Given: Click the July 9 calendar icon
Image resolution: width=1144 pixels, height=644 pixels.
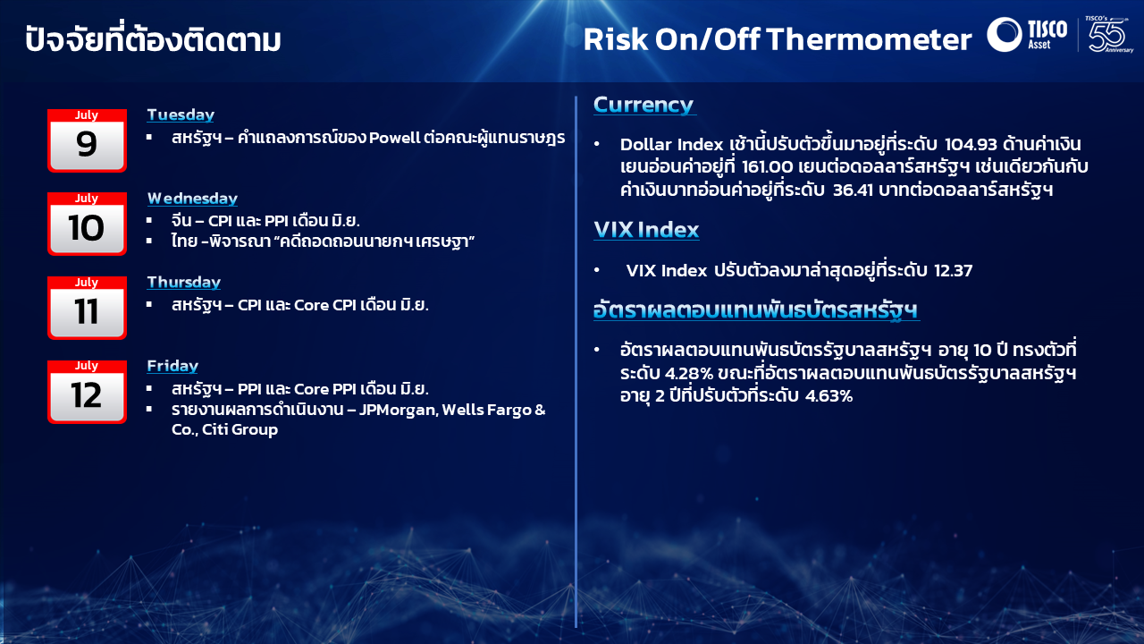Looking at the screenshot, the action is (x=87, y=140).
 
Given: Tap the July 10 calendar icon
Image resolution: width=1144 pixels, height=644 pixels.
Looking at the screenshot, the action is (x=87, y=224).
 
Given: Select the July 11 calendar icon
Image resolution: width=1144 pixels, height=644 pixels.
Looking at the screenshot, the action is (x=87, y=308).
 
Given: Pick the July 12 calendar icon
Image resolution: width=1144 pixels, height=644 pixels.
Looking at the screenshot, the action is (x=87, y=392).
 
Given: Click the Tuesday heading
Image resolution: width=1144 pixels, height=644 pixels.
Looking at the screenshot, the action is (x=181, y=114).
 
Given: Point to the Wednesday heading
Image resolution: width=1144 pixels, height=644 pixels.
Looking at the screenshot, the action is (x=192, y=199).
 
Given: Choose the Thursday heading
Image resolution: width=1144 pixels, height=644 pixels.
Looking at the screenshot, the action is (x=184, y=282).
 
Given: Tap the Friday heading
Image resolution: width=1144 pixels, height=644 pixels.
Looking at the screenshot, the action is (x=172, y=366).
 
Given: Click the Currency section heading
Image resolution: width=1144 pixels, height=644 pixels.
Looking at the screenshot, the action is (x=643, y=105).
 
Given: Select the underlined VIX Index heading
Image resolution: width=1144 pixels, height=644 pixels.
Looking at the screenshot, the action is (x=646, y=230).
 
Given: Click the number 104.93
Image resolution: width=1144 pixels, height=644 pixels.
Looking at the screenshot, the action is (x=971, y=145).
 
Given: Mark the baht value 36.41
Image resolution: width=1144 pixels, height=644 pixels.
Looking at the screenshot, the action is (x=853, y=191).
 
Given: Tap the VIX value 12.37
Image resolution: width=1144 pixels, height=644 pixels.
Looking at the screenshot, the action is (x=953, y=270).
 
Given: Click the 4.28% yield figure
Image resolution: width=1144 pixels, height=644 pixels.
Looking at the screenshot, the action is (x=688, y=374).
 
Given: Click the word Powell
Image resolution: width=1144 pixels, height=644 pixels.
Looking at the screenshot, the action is (x=394, y=138).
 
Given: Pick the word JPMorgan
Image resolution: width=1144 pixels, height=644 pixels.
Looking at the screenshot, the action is (x=399, y=410).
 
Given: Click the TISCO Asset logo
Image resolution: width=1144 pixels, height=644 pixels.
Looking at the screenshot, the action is (x=1027, y=34).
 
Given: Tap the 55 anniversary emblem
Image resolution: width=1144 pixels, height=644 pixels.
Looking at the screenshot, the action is (x=1108, y=34).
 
